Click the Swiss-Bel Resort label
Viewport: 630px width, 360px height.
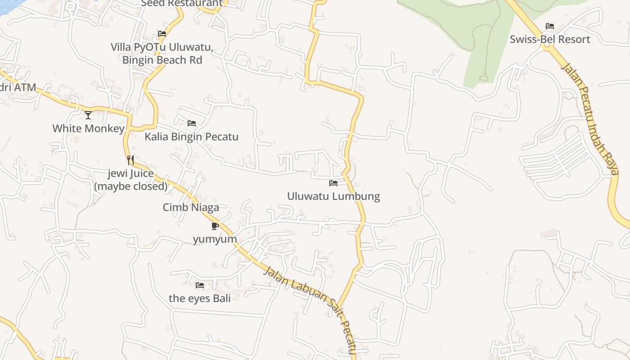(x=549, y=39)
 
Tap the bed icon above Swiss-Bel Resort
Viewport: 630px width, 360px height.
(x=549, y=26)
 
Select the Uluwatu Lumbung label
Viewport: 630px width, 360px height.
(x=333, y=196)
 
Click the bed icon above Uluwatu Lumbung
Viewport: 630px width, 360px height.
(x=333, y=183)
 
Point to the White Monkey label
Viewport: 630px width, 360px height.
(x=88, y=128)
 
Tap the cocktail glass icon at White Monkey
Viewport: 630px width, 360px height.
(x=88, y=115)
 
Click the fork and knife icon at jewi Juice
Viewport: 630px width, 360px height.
(x=130, y=160)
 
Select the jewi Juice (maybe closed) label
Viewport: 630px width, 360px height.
(x=130, y=180)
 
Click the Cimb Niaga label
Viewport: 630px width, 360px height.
(x=191, y=207)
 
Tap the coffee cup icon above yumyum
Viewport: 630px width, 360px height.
(x=215, y=226)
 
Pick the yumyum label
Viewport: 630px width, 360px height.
(x=215, y=239)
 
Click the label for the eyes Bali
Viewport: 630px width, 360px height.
(x=200, y=298)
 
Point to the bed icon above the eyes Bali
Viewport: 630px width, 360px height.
(x=200, y=285)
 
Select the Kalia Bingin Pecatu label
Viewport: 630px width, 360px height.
(x=191, y=136)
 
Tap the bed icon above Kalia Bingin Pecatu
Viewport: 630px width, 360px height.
(x=192, y=123)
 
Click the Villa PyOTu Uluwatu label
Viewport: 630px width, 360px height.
(x=162, y=54)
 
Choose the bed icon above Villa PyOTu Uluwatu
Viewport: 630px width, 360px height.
(x=162, y=34)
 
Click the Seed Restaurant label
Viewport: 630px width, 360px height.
(x=182, y=4)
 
